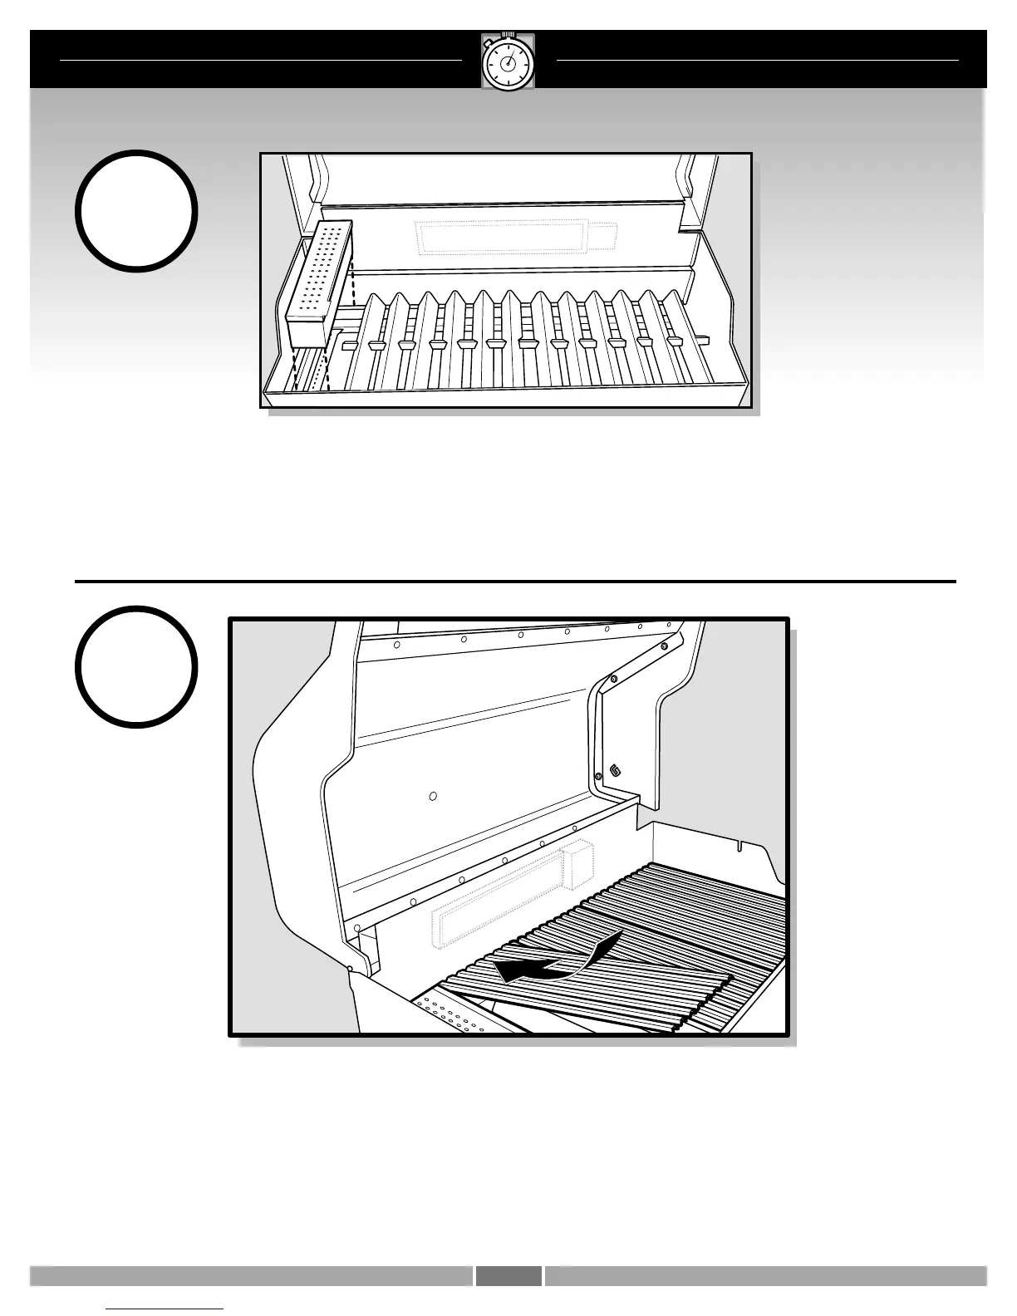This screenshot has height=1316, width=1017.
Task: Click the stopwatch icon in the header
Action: [508, 62]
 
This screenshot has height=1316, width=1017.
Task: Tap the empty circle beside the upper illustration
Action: [137, 211]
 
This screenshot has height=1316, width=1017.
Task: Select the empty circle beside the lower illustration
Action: [137, 666]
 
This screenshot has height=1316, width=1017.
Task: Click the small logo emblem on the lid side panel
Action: [615, 770]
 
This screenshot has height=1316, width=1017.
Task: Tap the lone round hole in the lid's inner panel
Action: [433, 796]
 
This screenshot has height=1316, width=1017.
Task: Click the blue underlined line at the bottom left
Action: [165, 1308]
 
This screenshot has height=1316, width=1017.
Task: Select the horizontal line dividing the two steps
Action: [515, 582]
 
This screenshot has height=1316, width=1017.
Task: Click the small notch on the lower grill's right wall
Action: [739, 845]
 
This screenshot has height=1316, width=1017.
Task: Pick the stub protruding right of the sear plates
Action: [704, 339]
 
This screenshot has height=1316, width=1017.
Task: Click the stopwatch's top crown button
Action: [508, 35]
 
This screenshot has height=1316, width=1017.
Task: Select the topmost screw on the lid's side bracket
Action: [664, 646]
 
